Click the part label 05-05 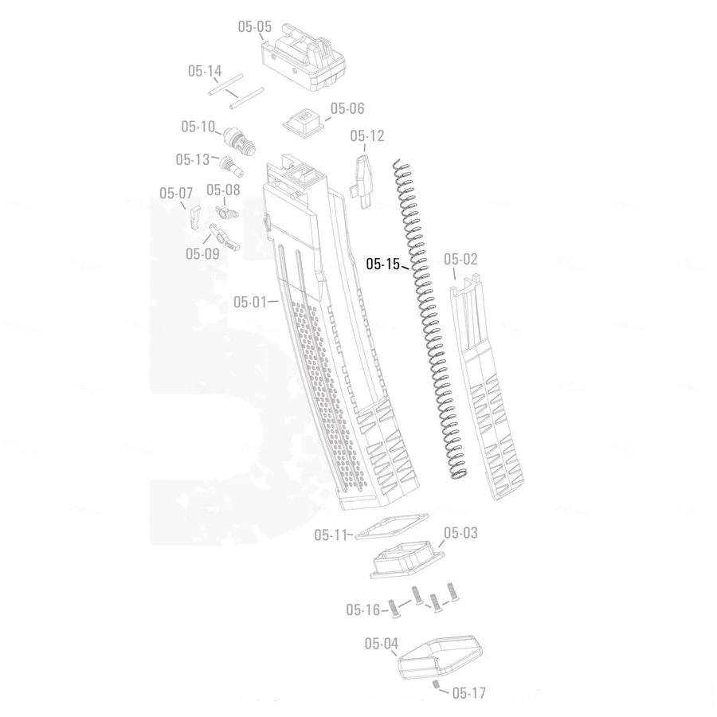tap(255, 27)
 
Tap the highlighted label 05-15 tap(382, 264)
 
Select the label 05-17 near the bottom tap(468, 693)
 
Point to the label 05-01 tap(250, 302)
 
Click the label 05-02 tap(460, 259)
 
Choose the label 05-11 tap(331, 535)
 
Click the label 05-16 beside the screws tap(362, 610)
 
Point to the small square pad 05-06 tap(304, 123)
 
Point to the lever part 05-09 tap(222, 236)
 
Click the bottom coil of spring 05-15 tap(457, 475)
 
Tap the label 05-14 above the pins tap(205, 71)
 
